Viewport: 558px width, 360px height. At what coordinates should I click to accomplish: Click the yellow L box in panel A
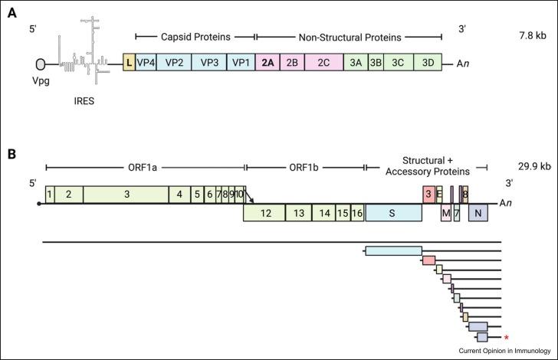[x=129, y=64]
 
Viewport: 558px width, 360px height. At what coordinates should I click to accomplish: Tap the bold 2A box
[x=267, y=64]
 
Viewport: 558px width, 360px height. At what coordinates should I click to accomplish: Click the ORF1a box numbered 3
[x=126, y=195]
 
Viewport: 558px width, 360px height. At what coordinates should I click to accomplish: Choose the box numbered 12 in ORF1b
[x=264, y=213]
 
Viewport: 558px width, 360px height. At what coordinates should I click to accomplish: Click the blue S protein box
[x=393, y=213]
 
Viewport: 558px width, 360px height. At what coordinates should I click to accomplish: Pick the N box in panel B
[x=478, y=213]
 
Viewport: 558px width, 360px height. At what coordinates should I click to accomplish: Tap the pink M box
[x=445, y=213]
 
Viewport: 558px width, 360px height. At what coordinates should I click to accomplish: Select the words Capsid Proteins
[x=195, y=36]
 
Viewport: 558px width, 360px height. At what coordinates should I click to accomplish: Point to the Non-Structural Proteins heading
[x=349, y=36]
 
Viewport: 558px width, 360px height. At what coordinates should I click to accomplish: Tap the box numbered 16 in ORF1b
[x=357, y=213]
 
